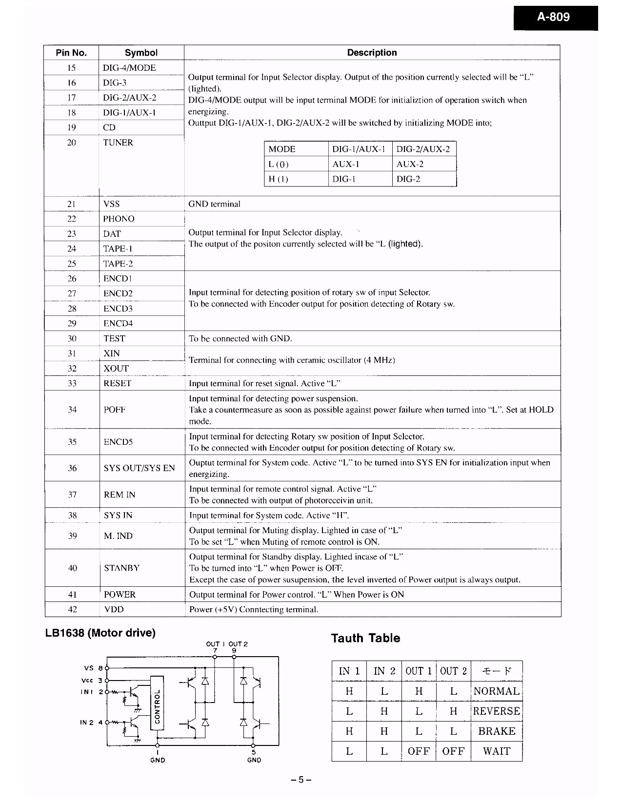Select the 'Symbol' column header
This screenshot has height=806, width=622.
(x=141, y=53)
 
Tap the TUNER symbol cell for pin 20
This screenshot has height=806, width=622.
(x=118, y=143)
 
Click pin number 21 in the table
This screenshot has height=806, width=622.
(x=72, y=204)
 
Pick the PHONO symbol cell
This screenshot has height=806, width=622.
(x=119, y=219)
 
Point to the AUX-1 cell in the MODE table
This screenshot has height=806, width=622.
(x=344, y=165)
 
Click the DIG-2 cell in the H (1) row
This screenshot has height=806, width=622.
(x=408, y=179)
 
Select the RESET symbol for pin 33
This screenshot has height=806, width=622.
(x=118, y=383)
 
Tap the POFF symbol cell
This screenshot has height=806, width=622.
(x=115, y=410)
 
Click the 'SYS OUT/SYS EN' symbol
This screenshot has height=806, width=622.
(x=139, y=468)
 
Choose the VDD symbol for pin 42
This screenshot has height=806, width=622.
(x=114, y=609)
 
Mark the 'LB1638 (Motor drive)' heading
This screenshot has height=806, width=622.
(x=100, y=633)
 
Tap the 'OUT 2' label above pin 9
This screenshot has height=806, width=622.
(x=238, y=644)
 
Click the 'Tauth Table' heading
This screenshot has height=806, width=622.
(x=365, y=638)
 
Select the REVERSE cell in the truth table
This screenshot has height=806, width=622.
(x=497, y=711)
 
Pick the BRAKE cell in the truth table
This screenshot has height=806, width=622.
(x=497, y=731)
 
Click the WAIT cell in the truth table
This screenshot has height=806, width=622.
(x=497, y=751)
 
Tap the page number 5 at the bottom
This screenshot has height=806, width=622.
(x=301, y=780)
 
